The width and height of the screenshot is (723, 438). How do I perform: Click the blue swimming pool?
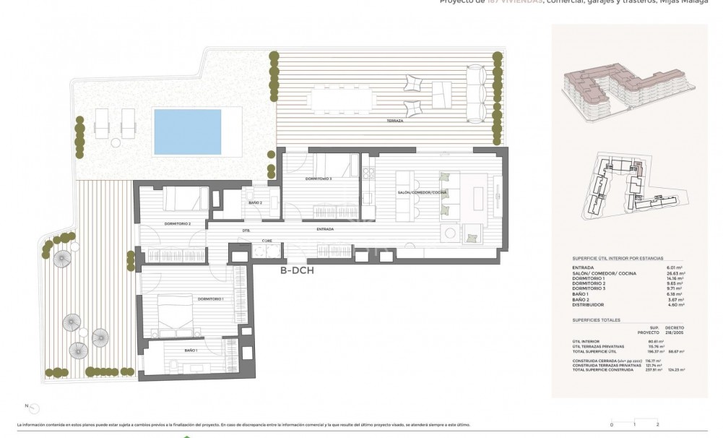point(187,132)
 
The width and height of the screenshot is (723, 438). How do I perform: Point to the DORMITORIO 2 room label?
point(178,224)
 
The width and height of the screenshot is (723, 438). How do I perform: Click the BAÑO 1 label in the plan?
point(191,350)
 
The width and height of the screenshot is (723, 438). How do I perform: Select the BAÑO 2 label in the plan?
point(255,203)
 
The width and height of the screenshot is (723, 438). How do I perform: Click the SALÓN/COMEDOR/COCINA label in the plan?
point(423,192)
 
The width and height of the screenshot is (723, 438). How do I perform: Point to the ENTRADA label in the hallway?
point(325,230)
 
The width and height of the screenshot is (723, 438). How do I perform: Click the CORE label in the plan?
point(267,240)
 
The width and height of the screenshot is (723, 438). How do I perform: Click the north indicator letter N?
point(27,405)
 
